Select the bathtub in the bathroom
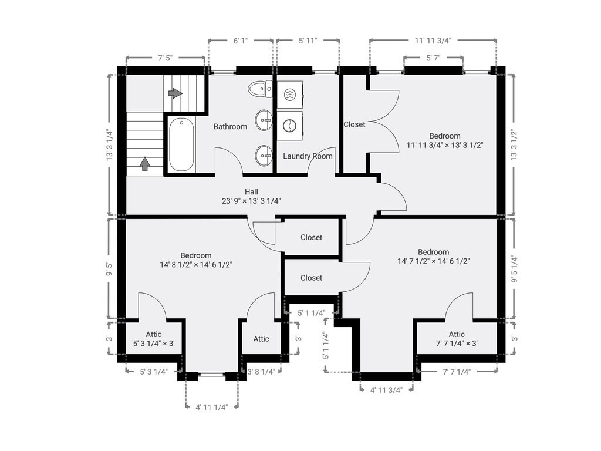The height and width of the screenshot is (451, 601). tap(181, 144)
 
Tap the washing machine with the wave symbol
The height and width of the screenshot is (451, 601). tap(289, 94)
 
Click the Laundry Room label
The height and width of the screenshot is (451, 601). tap(308, 156)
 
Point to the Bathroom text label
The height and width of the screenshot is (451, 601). tap(230, 126)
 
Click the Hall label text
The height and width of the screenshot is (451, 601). tap(251, 191)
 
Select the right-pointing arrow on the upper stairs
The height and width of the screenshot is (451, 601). tap(175, 93)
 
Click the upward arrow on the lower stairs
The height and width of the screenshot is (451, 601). tap(144, 163)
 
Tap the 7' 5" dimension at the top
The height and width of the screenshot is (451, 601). tap(165, 58)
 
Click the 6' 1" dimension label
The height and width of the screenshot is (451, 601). tap(240, 41)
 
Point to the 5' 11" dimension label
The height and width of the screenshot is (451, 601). tap(308, 41)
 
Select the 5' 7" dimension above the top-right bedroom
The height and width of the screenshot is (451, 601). tap(433, 58)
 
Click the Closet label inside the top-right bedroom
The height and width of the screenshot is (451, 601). tap(354, 124)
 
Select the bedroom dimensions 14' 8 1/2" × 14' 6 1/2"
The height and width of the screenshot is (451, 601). tap(195, 264)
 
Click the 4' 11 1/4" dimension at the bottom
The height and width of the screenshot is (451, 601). tap(211, 406)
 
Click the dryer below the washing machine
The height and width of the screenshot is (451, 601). tap(289, 125)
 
